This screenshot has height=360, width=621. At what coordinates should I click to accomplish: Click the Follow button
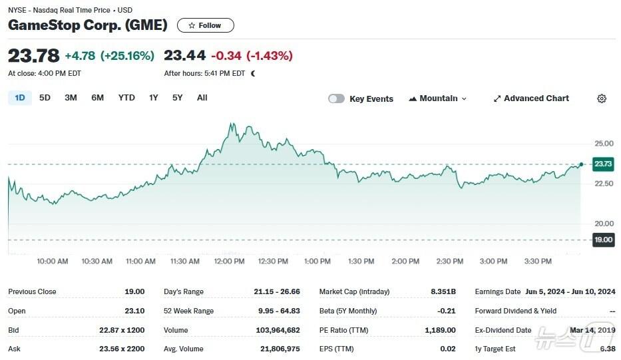point(205,25)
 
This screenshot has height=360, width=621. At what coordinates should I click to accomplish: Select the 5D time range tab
point(45,98)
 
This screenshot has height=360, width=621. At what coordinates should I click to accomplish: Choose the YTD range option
point(126,98)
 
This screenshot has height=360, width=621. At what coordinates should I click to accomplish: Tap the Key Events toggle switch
point(336,98)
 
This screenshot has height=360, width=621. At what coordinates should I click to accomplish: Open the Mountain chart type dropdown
point(438,98)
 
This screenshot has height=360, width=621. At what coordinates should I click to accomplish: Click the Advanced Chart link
point(530,98)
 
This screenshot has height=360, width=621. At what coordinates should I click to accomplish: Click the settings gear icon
point(602,98)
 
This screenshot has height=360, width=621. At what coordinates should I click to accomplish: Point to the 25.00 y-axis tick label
point(604,144)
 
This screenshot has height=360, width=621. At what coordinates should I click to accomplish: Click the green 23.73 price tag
point(603,164)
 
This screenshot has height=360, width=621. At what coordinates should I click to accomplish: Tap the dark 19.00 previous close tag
point(603,240)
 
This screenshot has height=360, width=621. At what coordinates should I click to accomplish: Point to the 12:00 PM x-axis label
point(230,262)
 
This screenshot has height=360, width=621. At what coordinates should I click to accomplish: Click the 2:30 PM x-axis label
point(449,262)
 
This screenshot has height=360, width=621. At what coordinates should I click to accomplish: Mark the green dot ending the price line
point(581,164)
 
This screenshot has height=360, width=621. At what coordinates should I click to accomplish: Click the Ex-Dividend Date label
point(503,330)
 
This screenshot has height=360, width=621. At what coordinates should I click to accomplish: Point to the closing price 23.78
point(33,56)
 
